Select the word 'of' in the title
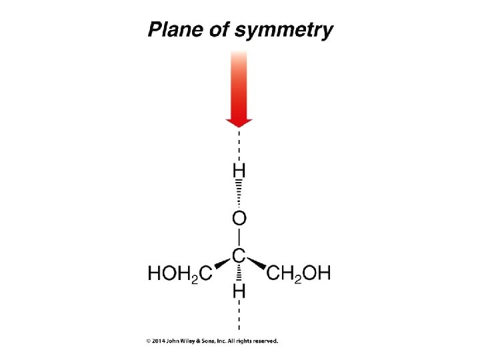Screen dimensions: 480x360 click(x=216, y=30)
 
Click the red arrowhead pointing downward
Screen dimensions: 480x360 click(x=239, y=121)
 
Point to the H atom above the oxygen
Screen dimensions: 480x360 click(x=239, y=172)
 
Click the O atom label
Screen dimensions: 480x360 click(x=239, y=218)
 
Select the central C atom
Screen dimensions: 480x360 click(x=239, y=255)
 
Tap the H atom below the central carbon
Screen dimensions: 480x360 click(x=239, y=291)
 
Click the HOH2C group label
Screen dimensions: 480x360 click(x=179, y=273)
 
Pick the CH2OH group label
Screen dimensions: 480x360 click(x=299, y=273)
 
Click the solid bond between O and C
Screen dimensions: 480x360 click(x=239, y=237)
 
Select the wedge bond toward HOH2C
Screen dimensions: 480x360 click(x=221, y=265)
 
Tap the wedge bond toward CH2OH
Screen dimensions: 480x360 click(x=257, y=265)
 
